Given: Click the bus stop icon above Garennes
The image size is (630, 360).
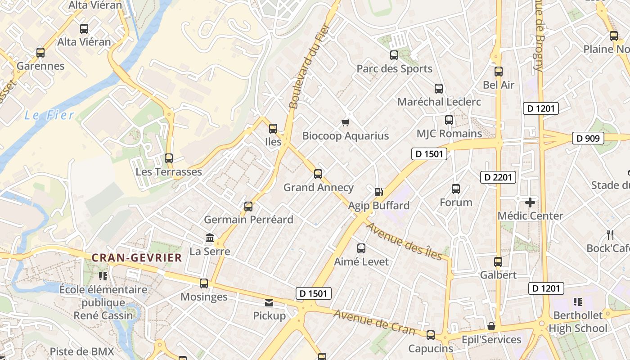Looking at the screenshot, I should pos(40,53).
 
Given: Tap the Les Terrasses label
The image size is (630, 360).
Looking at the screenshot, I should pos(169,172).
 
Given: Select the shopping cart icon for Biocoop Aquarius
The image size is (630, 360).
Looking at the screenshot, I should pos(346,122).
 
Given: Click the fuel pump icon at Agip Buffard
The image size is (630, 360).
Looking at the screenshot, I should pos(379,192).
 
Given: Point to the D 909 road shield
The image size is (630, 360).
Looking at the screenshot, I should pos(588,138).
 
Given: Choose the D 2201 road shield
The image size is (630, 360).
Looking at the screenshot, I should pos(498,177).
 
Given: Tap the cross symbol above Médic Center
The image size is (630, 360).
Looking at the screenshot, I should pos(530,202).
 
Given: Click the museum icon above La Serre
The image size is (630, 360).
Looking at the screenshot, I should pos(210,238).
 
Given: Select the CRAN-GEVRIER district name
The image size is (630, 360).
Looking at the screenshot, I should pos(137,258).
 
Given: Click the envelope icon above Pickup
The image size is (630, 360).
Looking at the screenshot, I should pos(269,302).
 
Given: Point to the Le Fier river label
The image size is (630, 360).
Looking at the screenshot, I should pos(49,115).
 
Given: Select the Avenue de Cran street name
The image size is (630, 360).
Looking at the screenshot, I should pos(374,323).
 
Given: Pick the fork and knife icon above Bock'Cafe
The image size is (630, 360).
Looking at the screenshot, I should pos(610,234).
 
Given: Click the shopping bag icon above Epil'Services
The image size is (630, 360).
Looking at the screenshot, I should pos(491,326).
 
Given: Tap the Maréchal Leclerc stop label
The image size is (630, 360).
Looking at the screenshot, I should pos(439,102).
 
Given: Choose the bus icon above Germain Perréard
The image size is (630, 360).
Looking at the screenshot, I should pos(248,207).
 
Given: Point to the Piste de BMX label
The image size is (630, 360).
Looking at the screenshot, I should pos(82,351).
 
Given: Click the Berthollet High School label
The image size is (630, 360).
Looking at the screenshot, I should pos(578,322).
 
